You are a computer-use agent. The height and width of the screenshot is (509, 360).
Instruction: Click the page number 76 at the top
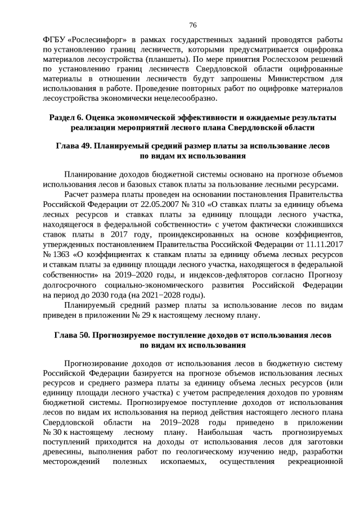pos(192,25)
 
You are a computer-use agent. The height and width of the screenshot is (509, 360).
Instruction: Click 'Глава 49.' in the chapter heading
pos(73,146)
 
